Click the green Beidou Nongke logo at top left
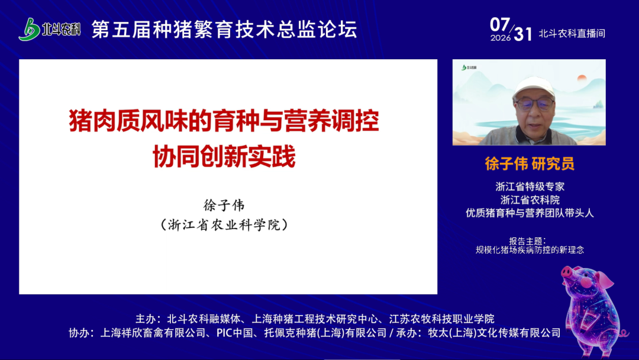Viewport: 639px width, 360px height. [49, 29]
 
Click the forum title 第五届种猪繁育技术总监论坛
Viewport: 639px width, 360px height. [224, 30]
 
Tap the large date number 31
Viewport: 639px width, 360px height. [523, 34]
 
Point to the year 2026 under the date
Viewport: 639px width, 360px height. [501, 38]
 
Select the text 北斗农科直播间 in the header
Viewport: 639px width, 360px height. [572, 33]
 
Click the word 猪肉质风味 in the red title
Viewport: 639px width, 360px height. [116, 121]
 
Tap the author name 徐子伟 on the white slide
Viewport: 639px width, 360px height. [224, 205]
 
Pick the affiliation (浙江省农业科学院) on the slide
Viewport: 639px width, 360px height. [224, 224]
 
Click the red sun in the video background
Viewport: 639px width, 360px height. [582, 78]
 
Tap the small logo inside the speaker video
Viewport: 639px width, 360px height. [469, 67]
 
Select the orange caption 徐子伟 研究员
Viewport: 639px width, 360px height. [530, 163]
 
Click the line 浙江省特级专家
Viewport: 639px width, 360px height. [530, 187]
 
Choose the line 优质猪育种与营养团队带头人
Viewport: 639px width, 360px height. [530, 213]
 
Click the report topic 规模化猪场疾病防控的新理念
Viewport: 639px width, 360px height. [530, 249]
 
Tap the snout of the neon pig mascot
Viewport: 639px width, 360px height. [566, 272]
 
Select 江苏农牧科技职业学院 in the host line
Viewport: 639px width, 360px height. [442, 319]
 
